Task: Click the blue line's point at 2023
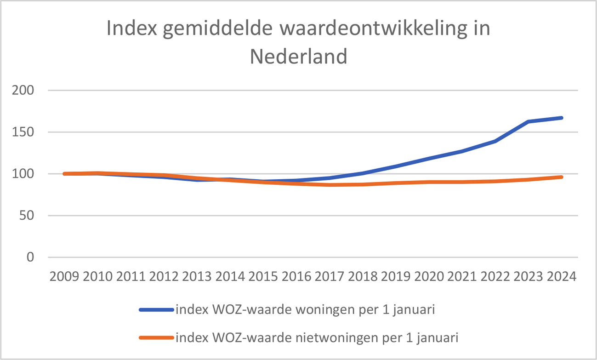(x=529, y=121)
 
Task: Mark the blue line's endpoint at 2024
(x=561, y=118)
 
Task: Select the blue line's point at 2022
(x=495, y=141)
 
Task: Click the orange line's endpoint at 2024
(x=561, y=177)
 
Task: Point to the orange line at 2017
(x=330, y=185)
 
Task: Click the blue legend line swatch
(x=156, y=310)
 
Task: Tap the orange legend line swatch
(x=156, y=338)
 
